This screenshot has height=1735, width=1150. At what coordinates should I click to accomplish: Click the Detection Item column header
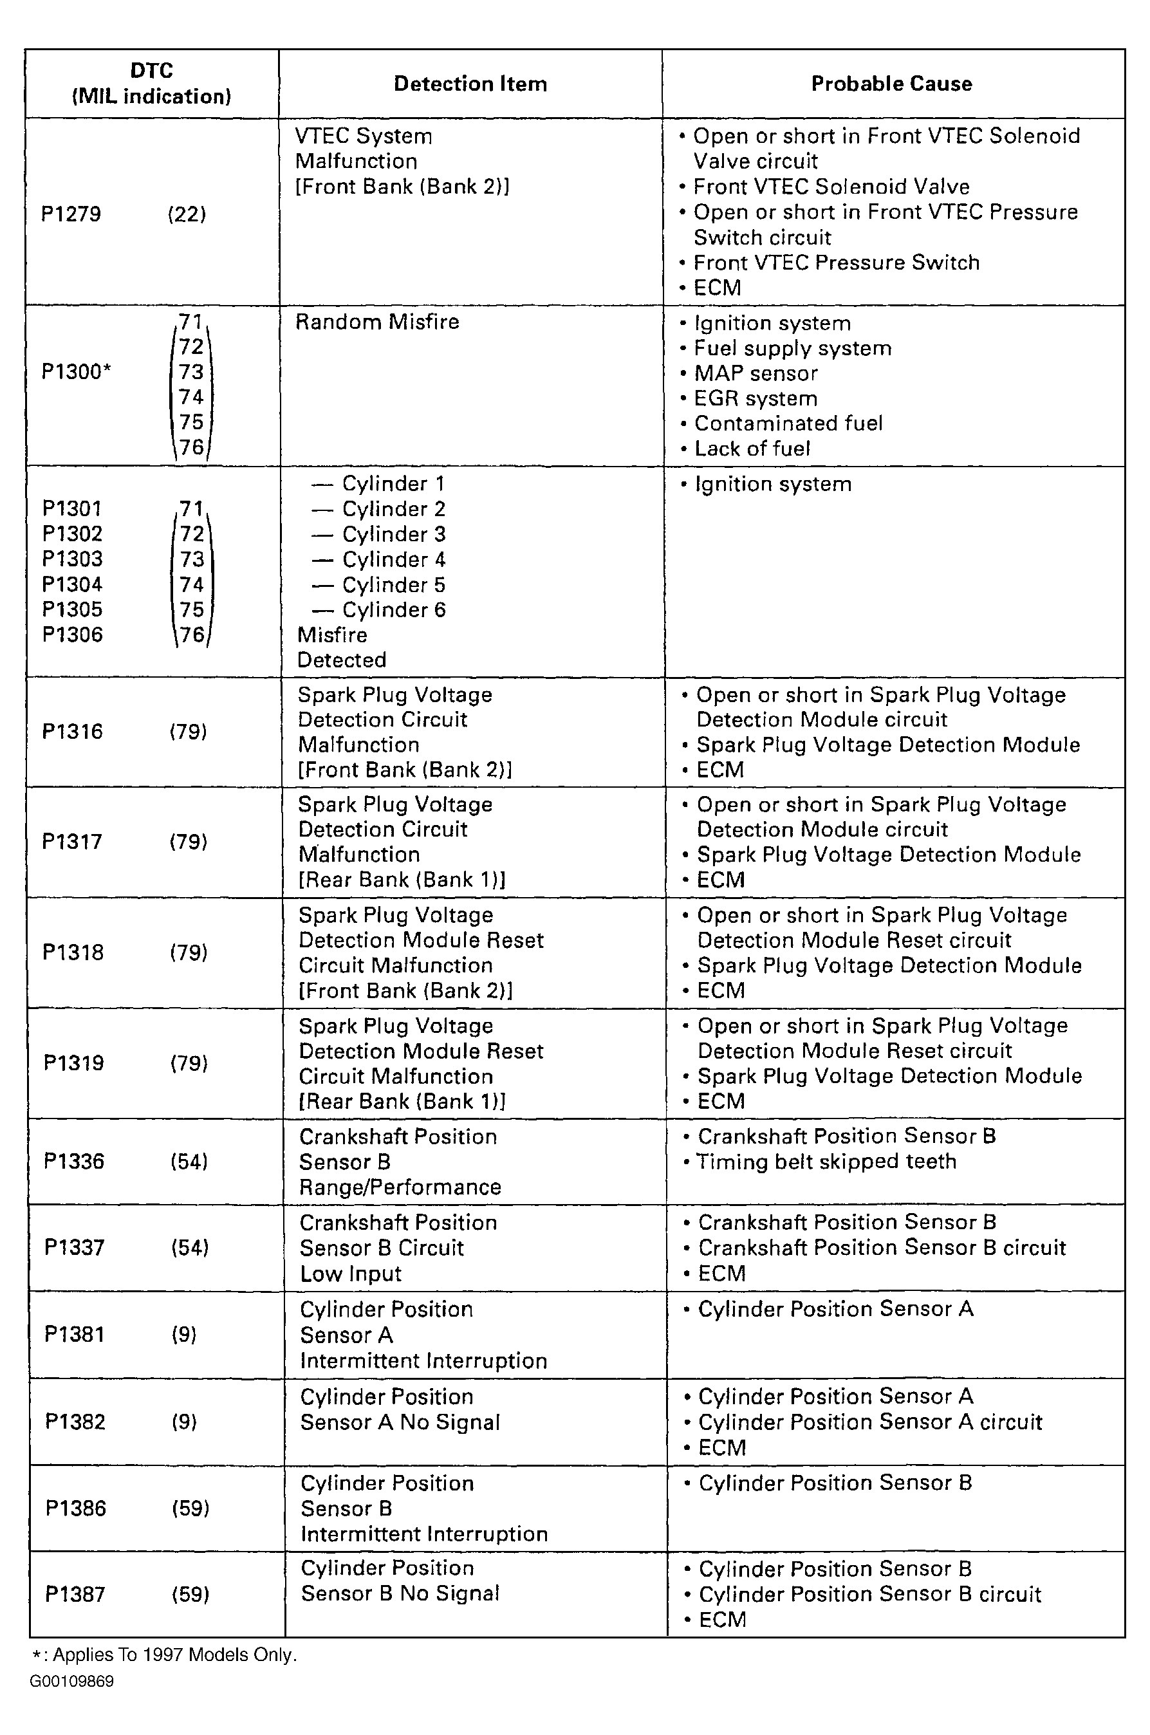point(470,84)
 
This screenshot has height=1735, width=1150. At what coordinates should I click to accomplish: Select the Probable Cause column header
point(891,84)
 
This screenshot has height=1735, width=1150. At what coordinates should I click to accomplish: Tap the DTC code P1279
point(71,214)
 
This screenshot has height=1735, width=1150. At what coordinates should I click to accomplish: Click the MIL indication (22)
point(187,214)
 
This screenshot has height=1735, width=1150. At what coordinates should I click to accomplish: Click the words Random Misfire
point(377,322)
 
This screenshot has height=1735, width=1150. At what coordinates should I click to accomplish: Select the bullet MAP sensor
point(756,373)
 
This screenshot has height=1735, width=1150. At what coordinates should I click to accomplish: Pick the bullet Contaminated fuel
point(788,423)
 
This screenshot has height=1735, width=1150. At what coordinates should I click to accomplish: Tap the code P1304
point(72,584)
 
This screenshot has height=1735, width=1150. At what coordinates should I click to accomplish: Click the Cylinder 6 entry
point(393,609)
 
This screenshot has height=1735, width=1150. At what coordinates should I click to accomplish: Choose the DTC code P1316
point(73,731)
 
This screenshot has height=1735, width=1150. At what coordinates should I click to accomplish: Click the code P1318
point(73,952)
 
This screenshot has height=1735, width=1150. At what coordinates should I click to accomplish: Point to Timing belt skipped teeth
point(826,1162)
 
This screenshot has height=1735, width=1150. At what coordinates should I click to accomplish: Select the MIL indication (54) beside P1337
point(190,1247)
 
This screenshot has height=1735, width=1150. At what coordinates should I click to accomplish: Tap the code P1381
point(74,1334)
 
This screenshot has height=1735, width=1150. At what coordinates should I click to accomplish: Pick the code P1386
point(75,1508)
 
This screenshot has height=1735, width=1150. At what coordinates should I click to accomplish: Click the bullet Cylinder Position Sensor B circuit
point(870,1594)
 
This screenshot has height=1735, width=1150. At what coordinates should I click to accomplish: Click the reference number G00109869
point(72,1681)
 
